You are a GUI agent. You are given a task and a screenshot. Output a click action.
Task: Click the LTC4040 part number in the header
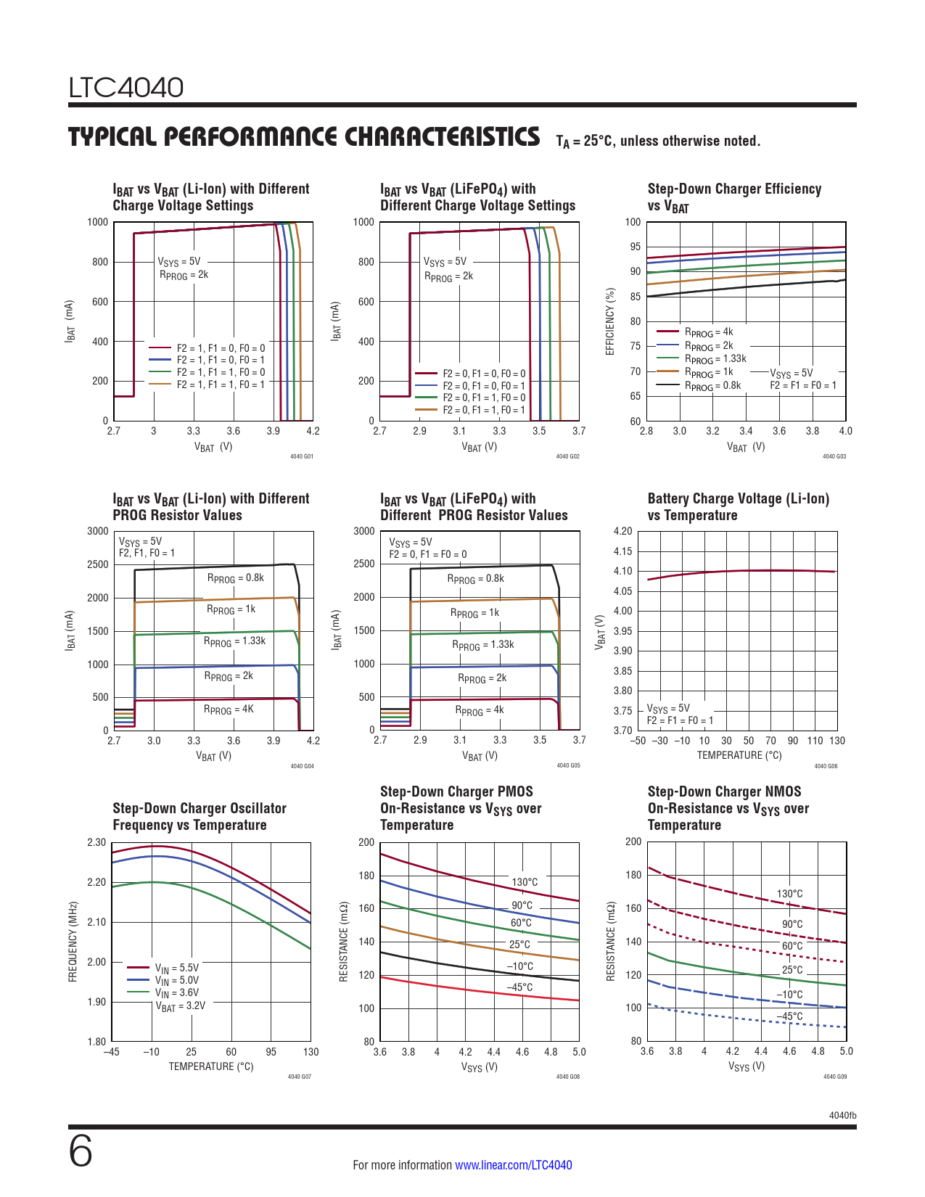point(126,88)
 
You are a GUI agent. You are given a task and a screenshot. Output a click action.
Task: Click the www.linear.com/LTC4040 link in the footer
point(513,1165)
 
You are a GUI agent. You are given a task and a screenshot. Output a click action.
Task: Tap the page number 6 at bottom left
point(81,1151)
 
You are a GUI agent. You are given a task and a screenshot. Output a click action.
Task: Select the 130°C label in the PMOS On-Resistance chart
point(525,882)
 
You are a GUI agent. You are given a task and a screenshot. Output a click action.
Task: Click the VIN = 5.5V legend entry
point(176,968)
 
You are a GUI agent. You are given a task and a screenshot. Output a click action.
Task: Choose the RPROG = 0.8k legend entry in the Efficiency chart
point(712,386)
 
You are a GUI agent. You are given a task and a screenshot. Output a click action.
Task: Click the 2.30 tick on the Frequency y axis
point(96,842)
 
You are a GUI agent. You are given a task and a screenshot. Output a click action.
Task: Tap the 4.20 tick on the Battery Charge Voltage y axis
point(622,531)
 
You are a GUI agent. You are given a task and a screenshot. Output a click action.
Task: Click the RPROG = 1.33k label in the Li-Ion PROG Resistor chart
point(234,641)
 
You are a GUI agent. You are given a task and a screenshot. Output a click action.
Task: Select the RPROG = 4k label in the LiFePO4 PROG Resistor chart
point(479,710)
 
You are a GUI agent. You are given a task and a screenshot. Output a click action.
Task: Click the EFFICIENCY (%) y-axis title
point(611,321)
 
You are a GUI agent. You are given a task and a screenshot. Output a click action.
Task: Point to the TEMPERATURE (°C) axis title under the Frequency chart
point(211,1066)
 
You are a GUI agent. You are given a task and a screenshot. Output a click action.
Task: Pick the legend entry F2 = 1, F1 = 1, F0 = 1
point(221,384)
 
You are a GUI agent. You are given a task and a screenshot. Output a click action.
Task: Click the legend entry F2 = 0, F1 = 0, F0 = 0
point(484,374)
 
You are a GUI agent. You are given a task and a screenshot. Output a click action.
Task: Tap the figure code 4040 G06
point(826,766)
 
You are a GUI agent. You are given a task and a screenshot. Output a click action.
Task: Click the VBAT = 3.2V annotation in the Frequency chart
point(180,1005)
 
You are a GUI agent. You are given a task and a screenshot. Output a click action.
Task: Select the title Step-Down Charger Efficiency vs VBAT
point(734,197)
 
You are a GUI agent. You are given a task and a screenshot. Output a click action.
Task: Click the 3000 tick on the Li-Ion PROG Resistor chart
point(98,531)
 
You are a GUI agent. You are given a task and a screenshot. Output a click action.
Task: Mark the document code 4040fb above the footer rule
point(842,1115)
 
